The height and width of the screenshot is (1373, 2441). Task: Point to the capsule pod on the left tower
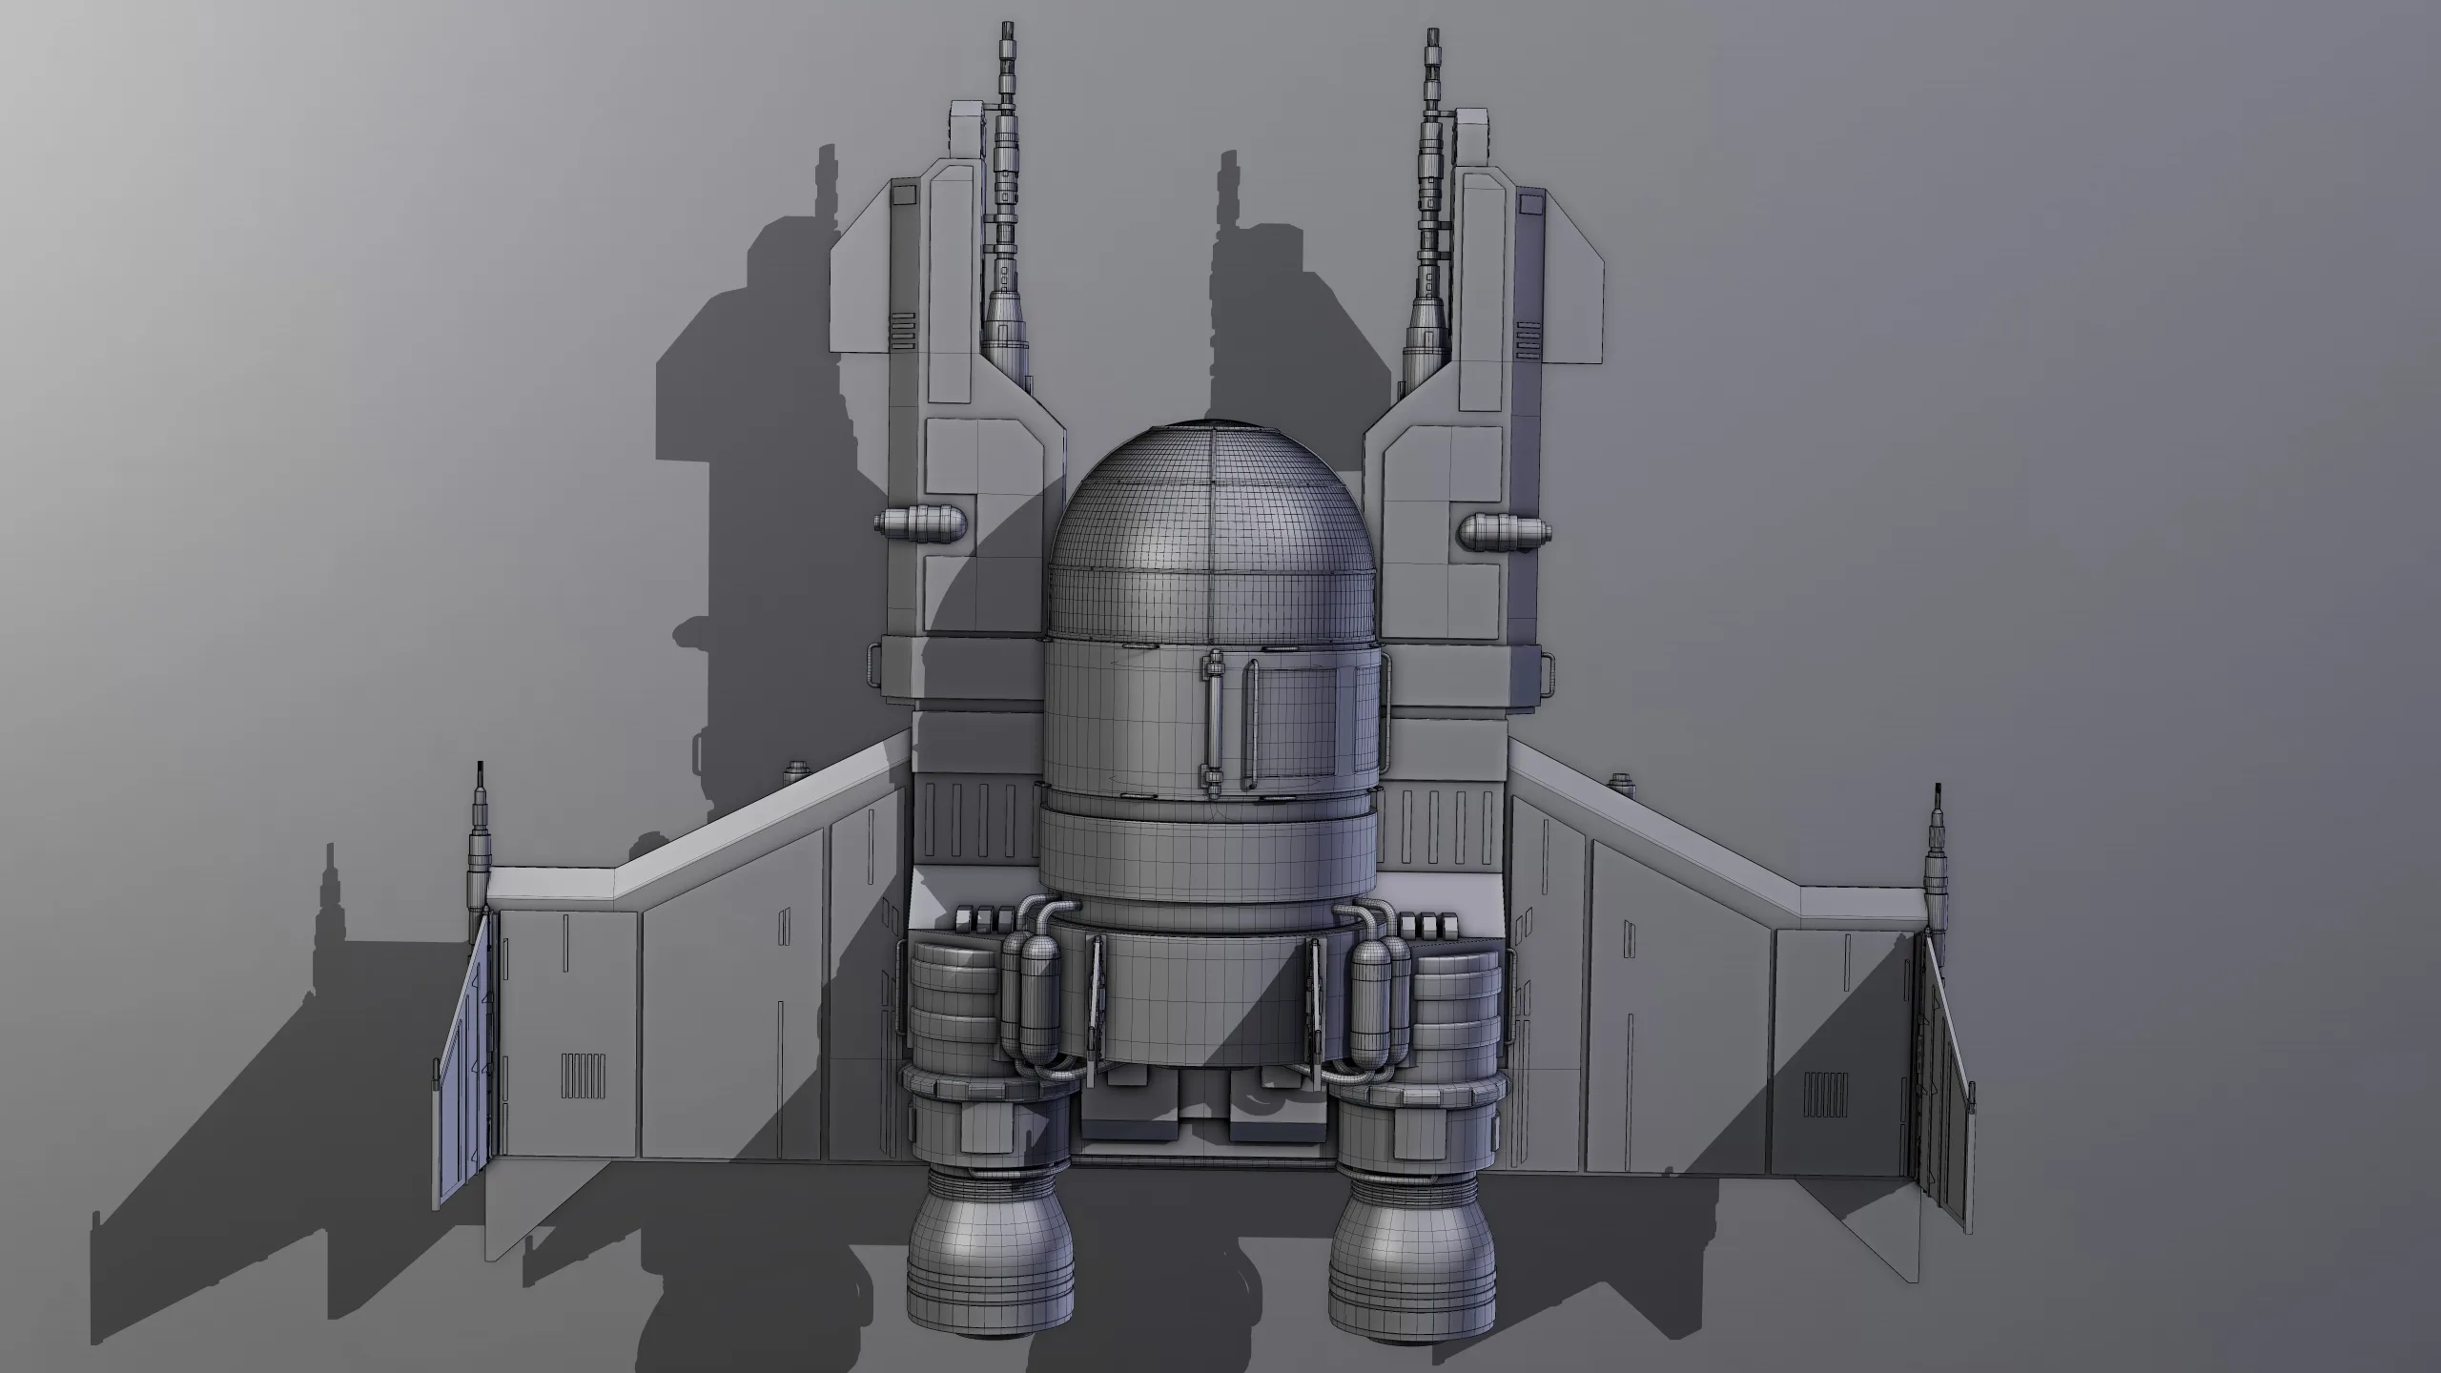click(x=921, y=523)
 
